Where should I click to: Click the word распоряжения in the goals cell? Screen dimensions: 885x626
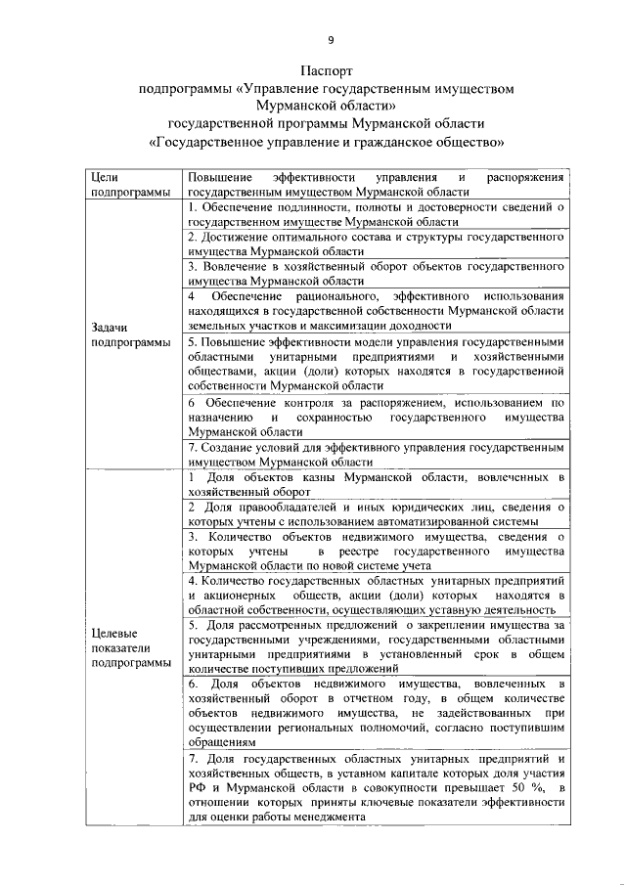coord(525,177)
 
